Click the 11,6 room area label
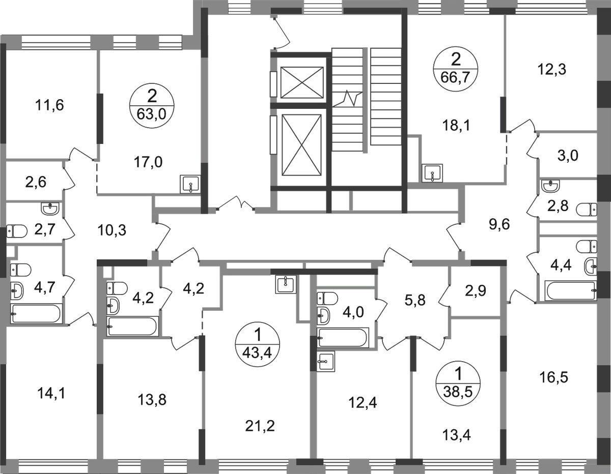[x=50, y=107]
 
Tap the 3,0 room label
[x=567, y=157]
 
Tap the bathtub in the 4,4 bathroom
[x=569, y=290]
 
